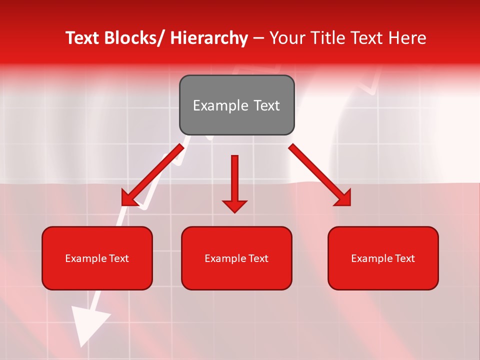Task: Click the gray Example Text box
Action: click(x=236, y=105)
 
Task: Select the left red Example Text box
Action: click(x=97, y=258)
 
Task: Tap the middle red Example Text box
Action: click(x=236, y=258)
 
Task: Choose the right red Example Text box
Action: click(x=383, y=258)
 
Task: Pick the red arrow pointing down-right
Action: click(x=320, y=175)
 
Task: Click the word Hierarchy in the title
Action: click(x=209, y=38)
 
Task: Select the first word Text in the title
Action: click(x=83, y=38)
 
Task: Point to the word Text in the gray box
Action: click(x=265, y=105)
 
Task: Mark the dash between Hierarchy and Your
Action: click(x=258, y=39)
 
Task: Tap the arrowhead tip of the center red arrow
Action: click(x=234, y=211)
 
